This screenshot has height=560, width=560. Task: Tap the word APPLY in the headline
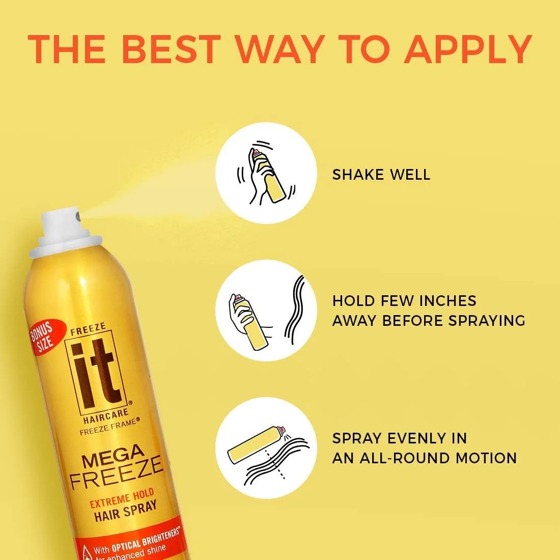(468, 49)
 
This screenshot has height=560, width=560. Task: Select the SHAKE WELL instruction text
(381, 175)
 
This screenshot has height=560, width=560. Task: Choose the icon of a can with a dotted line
(264, 448)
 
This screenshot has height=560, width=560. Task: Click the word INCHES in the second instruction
(446, 301)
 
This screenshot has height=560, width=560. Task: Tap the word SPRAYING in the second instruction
(487, 321)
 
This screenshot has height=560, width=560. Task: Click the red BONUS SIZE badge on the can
(45, 337)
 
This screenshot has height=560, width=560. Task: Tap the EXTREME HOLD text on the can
(122, 498)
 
